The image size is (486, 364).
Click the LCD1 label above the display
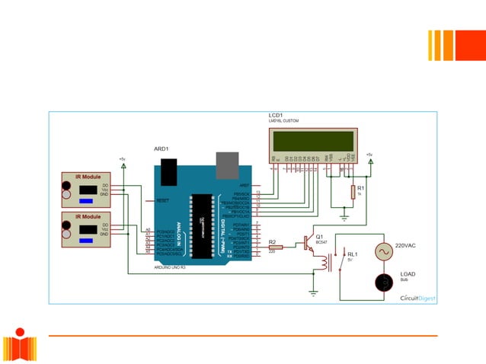[x=275, y=116]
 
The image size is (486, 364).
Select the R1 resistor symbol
[x=352, y=192]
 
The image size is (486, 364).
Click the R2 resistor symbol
[x=275, y=247]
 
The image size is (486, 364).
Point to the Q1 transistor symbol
[x=309, y=243]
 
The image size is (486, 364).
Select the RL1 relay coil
[x=327, y=263]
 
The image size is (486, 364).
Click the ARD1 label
[x=161, y=149]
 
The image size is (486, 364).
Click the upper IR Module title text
[x=88, y=177]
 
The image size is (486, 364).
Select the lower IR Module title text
[x=88, y=217]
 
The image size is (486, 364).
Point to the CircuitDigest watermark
[x=417, y=299]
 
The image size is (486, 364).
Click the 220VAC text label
[x=407, y=247]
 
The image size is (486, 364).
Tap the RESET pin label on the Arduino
[x=161, y=200]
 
